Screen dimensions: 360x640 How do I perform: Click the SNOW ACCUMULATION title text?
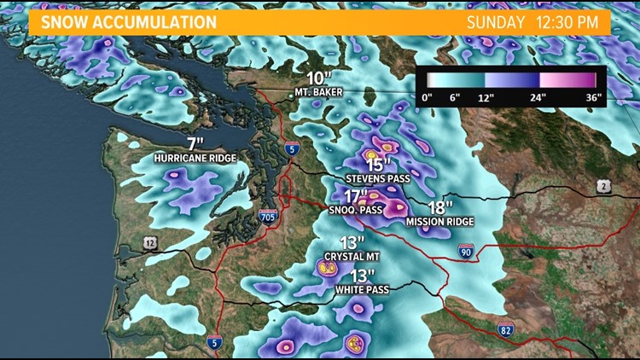pos(122,21)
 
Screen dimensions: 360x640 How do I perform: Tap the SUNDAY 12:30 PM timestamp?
pos(532,22)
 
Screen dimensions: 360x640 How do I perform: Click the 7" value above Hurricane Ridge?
pos(195,143)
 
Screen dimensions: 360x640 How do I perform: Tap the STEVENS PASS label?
pos(377,178)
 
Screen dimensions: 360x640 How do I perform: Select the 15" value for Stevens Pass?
pos(378,164)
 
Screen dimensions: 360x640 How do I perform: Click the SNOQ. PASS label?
pos(355,209)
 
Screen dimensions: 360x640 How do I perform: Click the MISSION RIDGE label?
pos(439,222)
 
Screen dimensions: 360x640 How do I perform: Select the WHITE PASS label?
pos(363,290)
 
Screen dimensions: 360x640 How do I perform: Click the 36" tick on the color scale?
pos(594,97)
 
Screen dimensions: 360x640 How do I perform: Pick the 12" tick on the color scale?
pos(486,97)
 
